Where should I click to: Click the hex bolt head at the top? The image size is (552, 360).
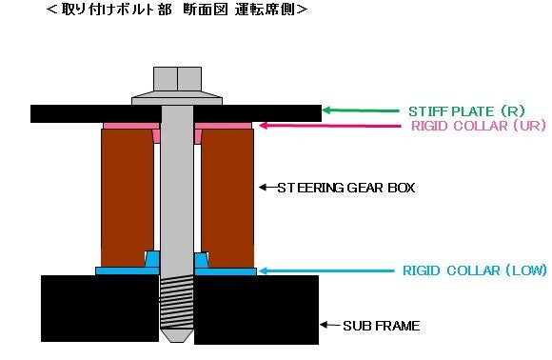point(176,79)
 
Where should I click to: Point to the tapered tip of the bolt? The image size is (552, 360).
point(176,336)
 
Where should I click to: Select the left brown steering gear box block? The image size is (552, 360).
point(127,195)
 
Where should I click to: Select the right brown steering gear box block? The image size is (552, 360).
point(227,195)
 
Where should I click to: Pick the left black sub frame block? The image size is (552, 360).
point(99,308)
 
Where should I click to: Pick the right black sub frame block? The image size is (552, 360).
point(256,308)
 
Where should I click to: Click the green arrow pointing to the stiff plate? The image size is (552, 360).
point(362,110)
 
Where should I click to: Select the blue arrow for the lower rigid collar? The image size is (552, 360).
point(324,271)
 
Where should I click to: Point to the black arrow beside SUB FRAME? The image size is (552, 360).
point(329,326)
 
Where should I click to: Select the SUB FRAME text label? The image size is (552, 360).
point(381,326)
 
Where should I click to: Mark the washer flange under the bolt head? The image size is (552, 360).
point(176,97)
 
